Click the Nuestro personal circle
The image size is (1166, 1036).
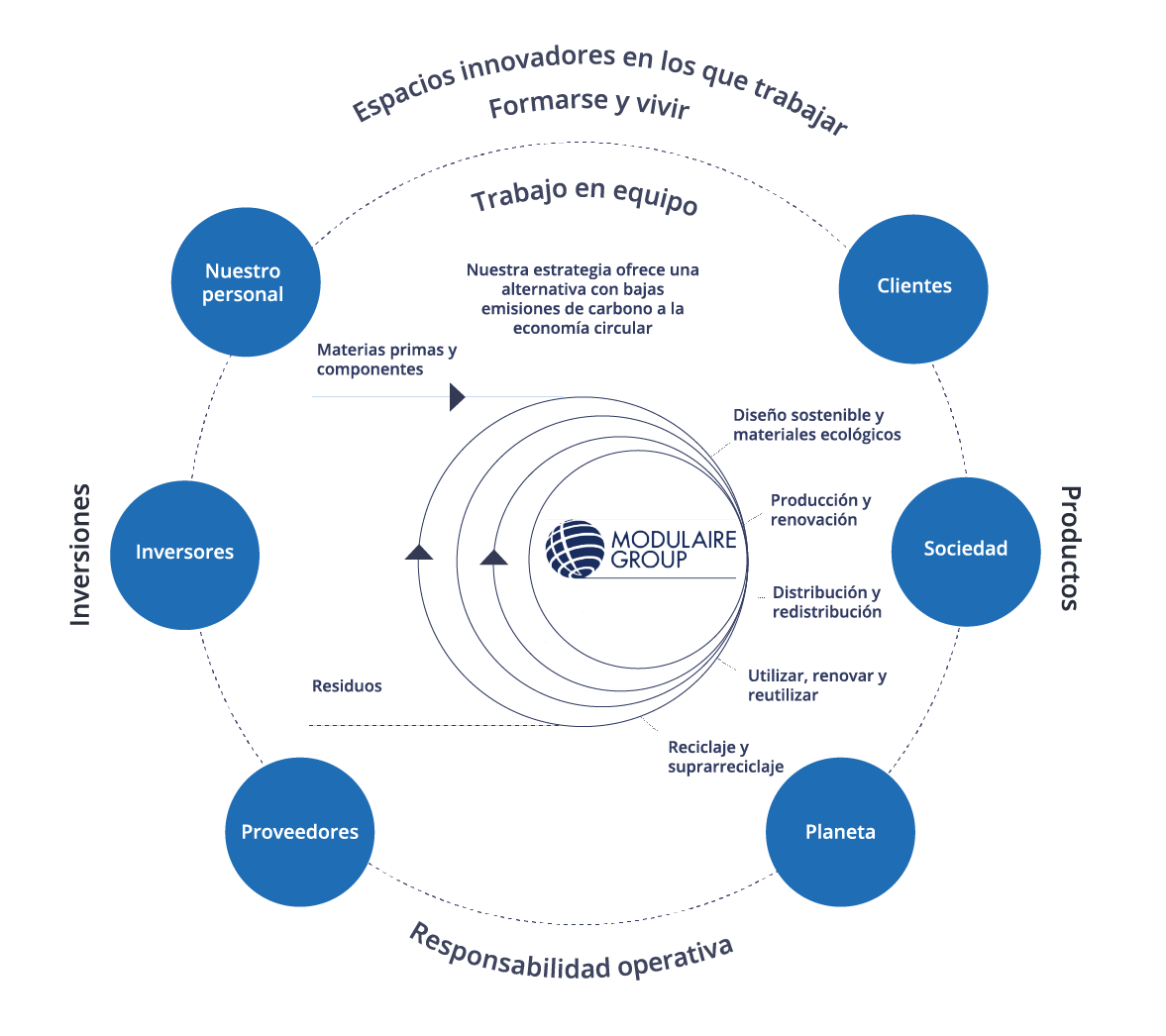[x=246, y=282]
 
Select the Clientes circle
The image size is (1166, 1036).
[x=913, y=288]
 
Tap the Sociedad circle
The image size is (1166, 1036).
[x=966, y=551]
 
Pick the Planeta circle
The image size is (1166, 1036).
[x=840, y=832]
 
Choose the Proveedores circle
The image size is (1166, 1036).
[x=300, y=832]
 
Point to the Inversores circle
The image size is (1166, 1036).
[x=185, y=554]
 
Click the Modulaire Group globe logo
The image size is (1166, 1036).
[x=575, y=549]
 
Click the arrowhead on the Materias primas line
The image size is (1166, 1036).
[x=457, y=397]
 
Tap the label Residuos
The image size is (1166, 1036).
[x=347, y=686]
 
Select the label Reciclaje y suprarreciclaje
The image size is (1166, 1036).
[x=725, y=757]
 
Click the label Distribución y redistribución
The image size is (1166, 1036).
[x=827, y=602]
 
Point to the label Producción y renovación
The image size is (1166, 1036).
[x=820, y=510]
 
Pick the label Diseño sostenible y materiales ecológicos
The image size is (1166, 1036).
[x=816, y=425]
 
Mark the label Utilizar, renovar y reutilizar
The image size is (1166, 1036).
[x=816, y=685]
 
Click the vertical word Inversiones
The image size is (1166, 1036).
[x=80, y=555]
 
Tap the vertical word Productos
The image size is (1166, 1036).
[x=1071, y=548]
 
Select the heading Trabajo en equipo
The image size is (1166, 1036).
[x=584, y=195]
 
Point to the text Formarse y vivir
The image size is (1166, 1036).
[x=588, y=104]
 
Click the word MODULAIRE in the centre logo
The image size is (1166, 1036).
[x=674, y=540]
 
